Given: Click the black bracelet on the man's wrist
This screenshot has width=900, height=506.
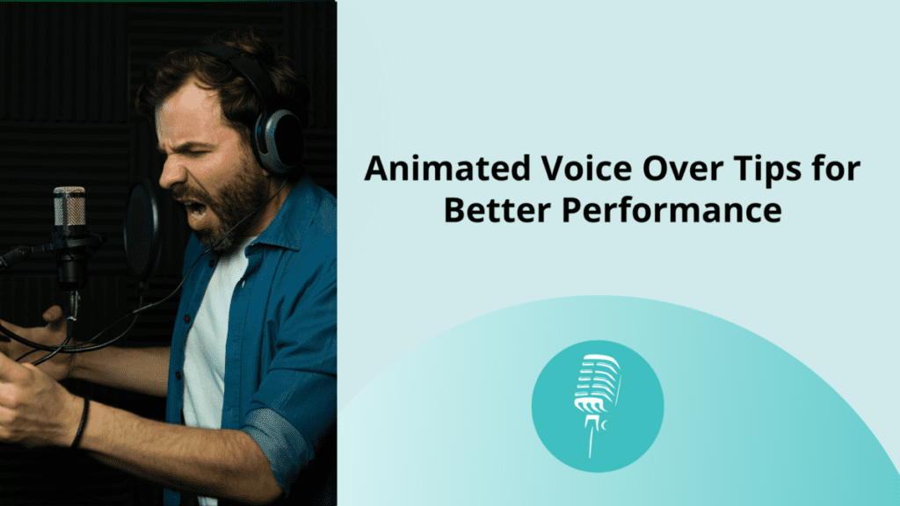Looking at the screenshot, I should [x=81, y=423].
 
